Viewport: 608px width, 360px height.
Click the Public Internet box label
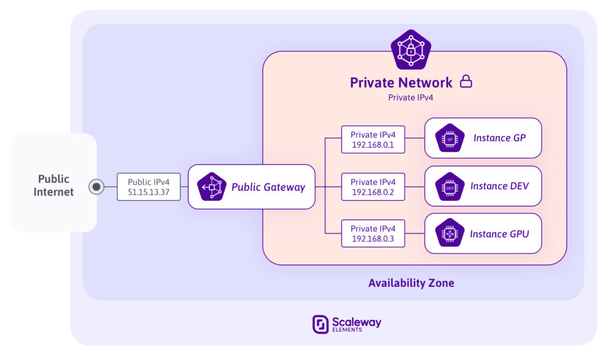coord(53,185)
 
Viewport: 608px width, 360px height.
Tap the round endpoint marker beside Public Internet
coord(96,187)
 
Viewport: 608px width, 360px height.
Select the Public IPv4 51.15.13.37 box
coord(148,187)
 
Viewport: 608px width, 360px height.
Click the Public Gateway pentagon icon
coord(212,187)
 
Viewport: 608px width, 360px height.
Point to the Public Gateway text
coord(268,187)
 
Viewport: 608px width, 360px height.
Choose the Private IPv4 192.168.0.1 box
coord(373,139)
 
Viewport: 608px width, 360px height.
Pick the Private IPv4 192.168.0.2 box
coord(373,187)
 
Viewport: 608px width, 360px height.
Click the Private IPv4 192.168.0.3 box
coord(373,233)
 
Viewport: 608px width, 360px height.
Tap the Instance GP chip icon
coord(449,138)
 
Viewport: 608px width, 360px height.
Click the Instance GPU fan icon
coord(449,233)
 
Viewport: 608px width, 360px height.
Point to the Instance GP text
coord(499,138)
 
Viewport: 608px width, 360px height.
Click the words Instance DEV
coord(499,186)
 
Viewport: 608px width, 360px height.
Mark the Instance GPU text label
coord(499,234)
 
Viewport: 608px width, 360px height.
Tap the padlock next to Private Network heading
coord(466,81)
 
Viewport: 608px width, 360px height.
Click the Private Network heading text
coord(401,83)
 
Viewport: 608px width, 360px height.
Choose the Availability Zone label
coord(411,283)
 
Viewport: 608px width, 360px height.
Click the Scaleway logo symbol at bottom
coord(321,324)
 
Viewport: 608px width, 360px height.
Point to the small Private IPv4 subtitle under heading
coord(410,97)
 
